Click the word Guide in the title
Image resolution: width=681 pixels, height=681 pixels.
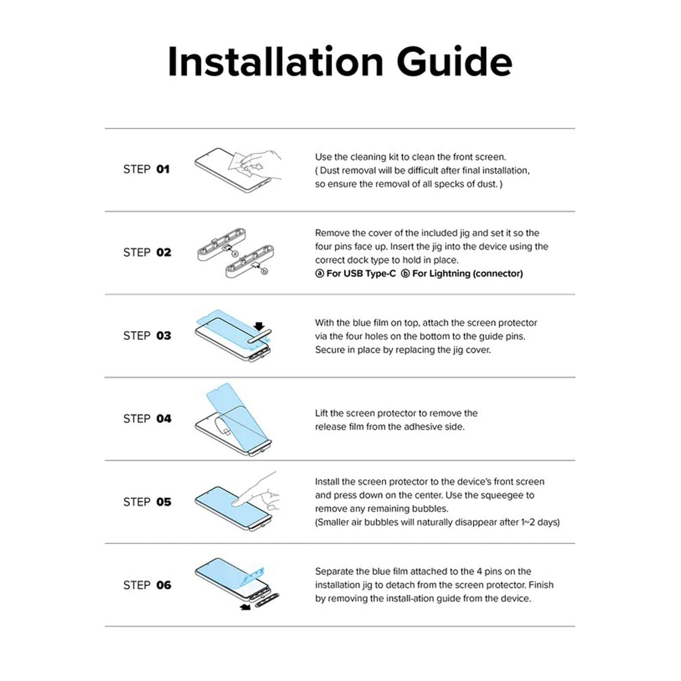455,62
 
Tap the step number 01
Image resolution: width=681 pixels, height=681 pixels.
163,169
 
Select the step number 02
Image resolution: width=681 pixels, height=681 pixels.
163,252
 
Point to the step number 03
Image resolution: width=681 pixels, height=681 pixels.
163,335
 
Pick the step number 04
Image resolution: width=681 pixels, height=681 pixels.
163,419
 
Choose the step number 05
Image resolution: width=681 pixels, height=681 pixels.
163,502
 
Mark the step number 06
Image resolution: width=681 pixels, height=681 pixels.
163,585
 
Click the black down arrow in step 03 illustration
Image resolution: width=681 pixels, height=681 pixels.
260,326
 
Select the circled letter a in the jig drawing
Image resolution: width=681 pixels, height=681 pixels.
235,254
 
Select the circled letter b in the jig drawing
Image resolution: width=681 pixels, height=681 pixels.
264,271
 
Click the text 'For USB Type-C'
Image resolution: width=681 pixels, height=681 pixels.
361,273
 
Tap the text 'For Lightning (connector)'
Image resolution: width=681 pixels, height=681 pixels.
468,273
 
